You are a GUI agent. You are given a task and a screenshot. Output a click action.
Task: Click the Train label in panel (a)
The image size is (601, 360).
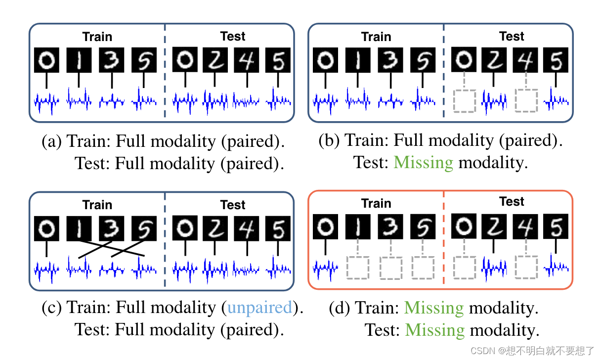(x=97, y=37)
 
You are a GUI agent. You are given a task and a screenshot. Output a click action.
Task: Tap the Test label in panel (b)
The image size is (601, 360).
(x=512, y=37)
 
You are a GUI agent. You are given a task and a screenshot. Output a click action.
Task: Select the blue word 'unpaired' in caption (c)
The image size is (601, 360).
(x=260, y=308)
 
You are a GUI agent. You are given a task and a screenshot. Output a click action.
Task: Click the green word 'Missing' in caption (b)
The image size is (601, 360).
(x=424, y=162)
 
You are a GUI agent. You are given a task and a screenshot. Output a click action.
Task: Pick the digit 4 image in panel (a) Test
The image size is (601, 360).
(x=246, y=61)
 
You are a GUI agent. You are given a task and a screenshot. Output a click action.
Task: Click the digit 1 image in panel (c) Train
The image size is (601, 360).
(x=79, y=229)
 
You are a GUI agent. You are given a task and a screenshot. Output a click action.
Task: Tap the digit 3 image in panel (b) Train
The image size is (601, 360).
(x=390, y=61)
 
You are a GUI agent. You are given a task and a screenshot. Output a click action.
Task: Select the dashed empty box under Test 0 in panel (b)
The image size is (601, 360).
(x=464, y=101)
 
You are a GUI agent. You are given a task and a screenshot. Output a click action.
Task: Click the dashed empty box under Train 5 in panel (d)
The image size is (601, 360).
(x=423, y=268)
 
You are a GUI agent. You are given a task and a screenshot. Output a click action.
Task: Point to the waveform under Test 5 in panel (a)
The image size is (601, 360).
(x=278, y=101)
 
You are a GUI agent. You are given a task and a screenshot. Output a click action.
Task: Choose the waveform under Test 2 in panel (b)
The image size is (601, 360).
(x=493, y=102)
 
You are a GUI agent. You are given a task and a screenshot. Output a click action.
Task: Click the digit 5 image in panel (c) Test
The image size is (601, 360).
(x=278, y=229)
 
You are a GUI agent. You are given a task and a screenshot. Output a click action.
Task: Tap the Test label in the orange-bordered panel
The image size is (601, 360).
(x=512, y=202)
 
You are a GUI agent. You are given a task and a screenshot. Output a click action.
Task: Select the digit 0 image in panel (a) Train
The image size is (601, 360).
(x=46, y=61)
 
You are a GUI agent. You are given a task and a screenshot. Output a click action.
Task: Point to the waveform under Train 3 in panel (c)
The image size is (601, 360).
(x=112, y=270)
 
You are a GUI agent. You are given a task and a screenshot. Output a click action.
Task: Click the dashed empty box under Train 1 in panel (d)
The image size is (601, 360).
(x=358, y=268)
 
